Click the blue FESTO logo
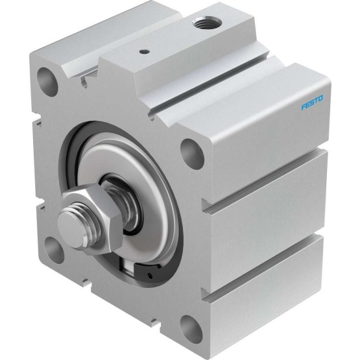[x=312, y=103]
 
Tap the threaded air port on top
[x=207, y=22]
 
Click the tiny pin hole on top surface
[x=145, y=51]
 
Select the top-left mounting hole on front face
[x=48, y=81]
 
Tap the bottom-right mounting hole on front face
[x=191, y=330]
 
